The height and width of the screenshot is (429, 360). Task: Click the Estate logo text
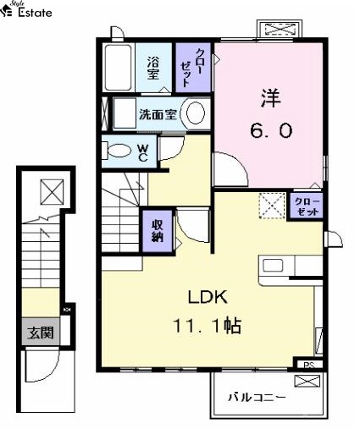pos(35,13)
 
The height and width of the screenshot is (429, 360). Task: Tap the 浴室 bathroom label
pos(153,68)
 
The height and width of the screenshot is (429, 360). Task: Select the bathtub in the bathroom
pos(119,68)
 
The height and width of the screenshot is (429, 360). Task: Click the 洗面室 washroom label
pos(158,114)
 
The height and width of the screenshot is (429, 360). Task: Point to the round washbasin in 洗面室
pos(196,113)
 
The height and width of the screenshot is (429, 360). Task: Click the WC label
pos(143,153)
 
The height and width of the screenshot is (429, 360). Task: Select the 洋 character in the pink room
pos(270,98)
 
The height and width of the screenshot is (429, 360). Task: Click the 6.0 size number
pos(271,131)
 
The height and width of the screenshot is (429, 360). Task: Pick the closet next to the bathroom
pos(193,68)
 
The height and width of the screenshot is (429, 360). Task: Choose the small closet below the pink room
pos(307,206)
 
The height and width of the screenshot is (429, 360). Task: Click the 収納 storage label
pos(158,231)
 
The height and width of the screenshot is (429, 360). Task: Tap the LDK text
pos(208,297)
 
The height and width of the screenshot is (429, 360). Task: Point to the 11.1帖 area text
pos(207,326)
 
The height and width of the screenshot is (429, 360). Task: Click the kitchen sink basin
pos(273,265)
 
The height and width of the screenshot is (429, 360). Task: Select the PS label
pos(309,365)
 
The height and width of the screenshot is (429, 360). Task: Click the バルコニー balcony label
pos(257,398)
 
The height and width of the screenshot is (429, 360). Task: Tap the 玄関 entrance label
pos(41,333)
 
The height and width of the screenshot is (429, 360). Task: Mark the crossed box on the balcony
pos(307,381)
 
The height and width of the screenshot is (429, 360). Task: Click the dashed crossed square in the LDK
pos(272,206)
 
